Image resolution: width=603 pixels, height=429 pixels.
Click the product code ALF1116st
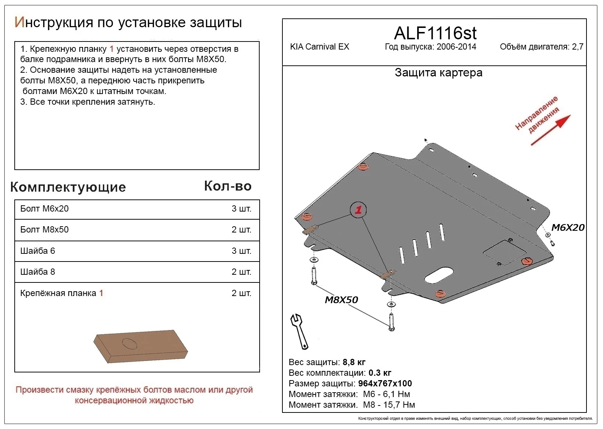pos(435,33)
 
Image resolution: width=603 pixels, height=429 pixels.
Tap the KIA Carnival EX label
pos(319,47)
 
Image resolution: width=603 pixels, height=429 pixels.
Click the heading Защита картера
pos(438,73)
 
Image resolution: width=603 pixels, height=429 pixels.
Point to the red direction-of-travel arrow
pos(551,130)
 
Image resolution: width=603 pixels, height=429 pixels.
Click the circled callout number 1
pos(358,210)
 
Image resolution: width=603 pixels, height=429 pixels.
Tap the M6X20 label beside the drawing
pos(568,227)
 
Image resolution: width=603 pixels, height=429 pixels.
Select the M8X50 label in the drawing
pos(341,300)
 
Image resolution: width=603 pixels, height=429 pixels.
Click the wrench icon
pos(299,331)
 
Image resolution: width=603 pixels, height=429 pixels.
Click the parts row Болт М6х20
pos(44,209)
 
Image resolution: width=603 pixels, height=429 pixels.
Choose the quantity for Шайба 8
pos(241,272)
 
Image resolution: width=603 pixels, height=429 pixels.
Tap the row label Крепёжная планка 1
pos(62,293)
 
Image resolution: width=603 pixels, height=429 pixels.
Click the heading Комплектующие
pos(68,187)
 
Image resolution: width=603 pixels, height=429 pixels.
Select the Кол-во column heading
pos(228,186)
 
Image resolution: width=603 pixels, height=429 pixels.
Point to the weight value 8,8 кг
pos(354,362)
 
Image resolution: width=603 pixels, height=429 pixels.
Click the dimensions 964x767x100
pos(385,383)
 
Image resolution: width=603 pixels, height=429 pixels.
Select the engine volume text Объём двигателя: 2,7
pos(541,47)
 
